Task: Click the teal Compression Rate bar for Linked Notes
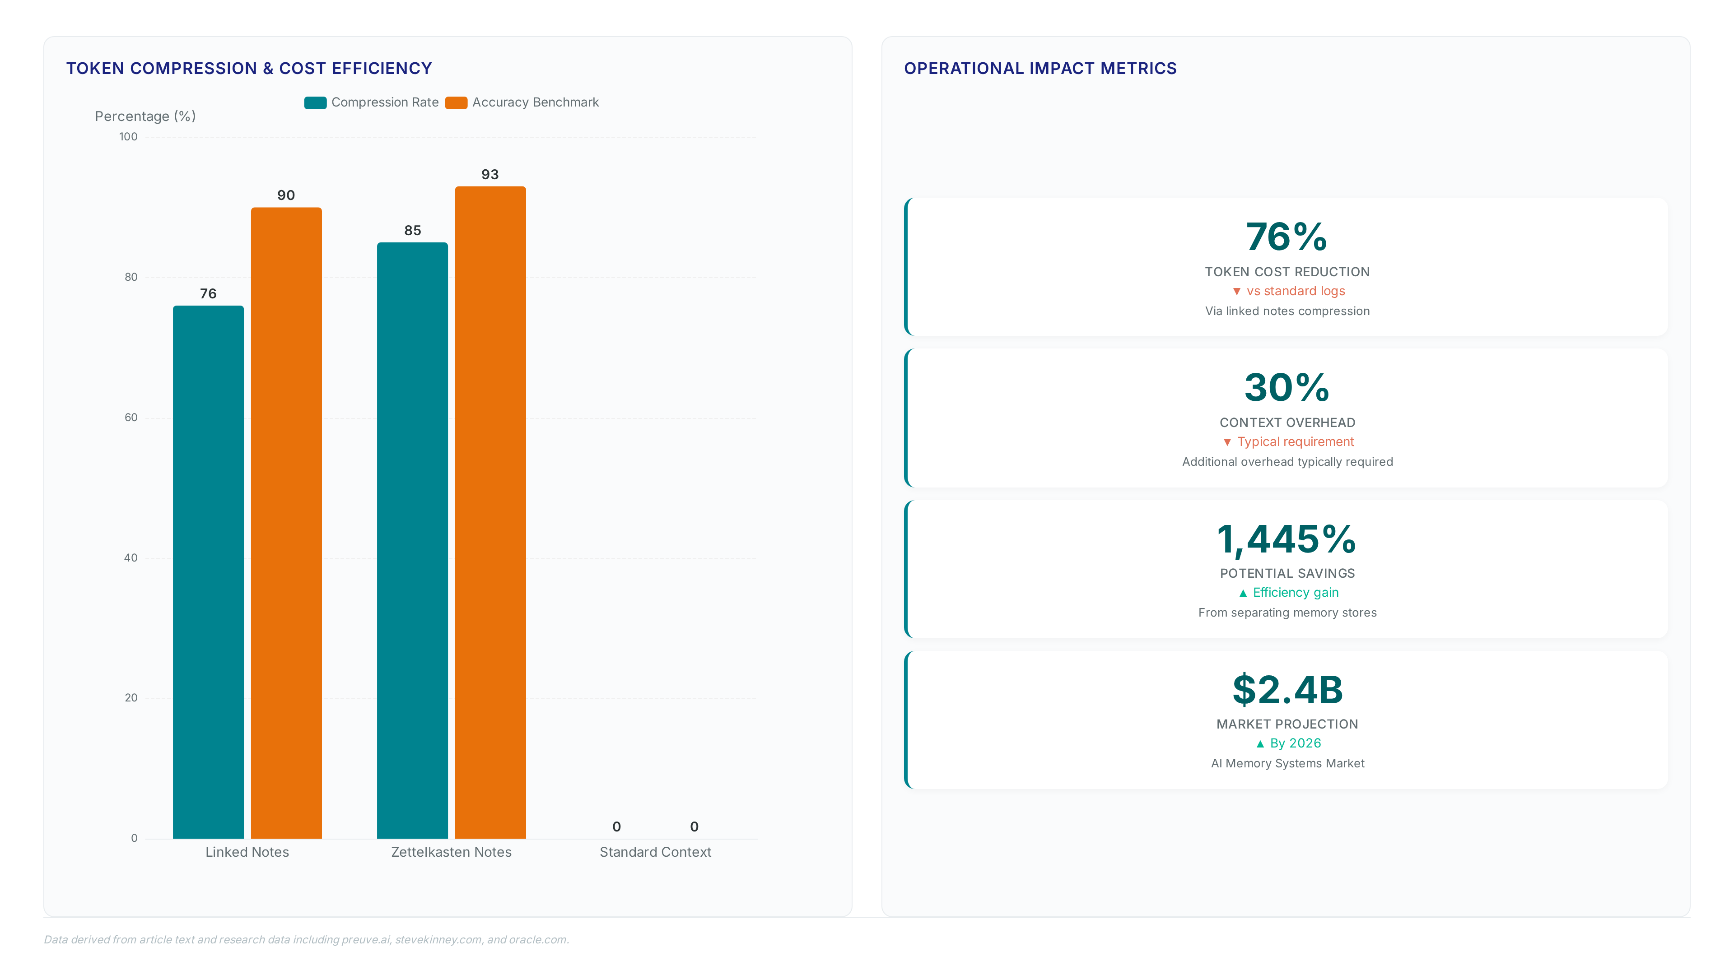(208, 572)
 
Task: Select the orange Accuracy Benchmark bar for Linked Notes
(286, 523)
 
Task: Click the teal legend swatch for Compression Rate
(315, 102)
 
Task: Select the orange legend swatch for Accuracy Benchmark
(457, 102)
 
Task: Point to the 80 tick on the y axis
(131, 277)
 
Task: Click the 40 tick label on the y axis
(131, 558)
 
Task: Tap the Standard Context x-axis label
(655, 852)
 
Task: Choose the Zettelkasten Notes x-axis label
(451, 852)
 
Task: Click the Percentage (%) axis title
(145, 116)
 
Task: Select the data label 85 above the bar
(413, 230)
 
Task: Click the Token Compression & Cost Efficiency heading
(249, 69)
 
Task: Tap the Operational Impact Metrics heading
(1040, 69)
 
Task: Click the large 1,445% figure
(1287, 540)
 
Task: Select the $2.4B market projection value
(1287, 690)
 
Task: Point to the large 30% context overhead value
(1287, 388)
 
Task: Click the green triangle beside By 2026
(1260, 743)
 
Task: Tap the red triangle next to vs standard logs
(1236, 291)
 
